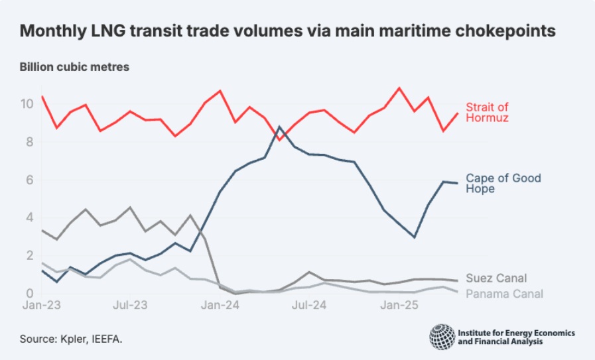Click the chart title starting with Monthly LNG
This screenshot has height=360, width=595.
pyautogui.click(x=287, y=30)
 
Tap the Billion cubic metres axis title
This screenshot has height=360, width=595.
pyautogui.click(x=74, y=67)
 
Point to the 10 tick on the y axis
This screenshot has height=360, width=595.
pyautogui.click(x=27, y=104)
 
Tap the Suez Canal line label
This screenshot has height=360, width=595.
pyautogui.click(x=497, y=278)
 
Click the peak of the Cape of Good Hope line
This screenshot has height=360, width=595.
pyautogui.click(x=280, y=127)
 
